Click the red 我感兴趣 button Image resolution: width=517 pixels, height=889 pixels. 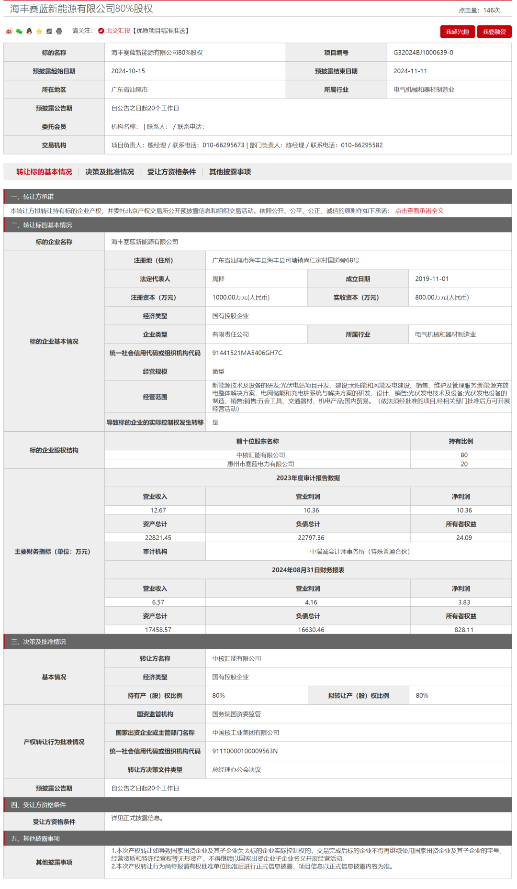(x=457, y=32)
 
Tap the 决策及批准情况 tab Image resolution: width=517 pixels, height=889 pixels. (x=110, y=172)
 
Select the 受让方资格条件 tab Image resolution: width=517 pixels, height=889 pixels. (x=171, y=172)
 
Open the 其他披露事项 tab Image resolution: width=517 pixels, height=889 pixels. (x=230, y=172)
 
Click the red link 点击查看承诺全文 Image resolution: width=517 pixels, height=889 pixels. (x=419, y=211)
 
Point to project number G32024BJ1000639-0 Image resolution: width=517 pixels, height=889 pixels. (x=423, y=53)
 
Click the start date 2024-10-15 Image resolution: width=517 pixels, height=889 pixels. (x=128, y=71)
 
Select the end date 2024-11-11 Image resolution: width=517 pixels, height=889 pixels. (x=410, y=71)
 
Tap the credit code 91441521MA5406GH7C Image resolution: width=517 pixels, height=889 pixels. (x=247, y=353)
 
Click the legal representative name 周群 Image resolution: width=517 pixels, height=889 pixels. (x=218, y=279)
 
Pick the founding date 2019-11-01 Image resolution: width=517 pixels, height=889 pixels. (x=431, y=279)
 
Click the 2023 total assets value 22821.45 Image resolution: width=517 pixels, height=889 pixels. (x=158, y=538)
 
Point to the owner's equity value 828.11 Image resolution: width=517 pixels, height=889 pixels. (x=463, y=630)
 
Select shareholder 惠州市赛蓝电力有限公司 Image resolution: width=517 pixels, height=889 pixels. (x=260, y=464)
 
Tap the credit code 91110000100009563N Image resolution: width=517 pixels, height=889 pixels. (x=245, y=751)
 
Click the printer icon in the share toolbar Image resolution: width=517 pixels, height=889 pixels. (x=59, y=32)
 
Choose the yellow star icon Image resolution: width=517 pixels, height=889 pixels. (x=39, y=32)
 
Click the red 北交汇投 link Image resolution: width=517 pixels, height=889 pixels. (x=118, y=31)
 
